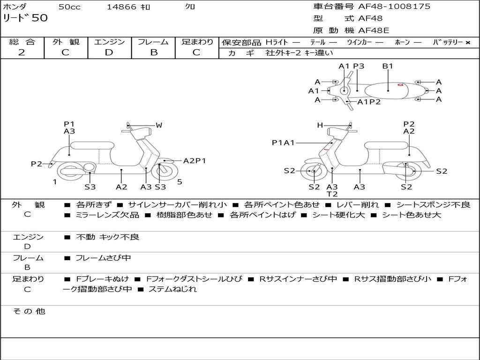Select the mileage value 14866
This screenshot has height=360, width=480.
(121, 7)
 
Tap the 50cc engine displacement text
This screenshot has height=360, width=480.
(69, 7)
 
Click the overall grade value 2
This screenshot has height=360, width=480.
(22, 52)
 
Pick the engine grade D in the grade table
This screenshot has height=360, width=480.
(109, 52)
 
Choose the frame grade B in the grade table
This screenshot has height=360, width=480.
(153, 52)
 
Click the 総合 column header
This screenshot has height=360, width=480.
(22, 42)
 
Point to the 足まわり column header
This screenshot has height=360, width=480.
(197, 42)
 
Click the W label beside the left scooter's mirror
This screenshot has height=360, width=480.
(159, 125)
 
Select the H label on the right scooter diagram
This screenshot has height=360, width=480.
(320, 125)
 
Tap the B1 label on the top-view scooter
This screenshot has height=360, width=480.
(388, 66)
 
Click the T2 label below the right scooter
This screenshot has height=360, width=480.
(332, 194)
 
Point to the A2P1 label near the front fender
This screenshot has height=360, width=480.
(195, 161)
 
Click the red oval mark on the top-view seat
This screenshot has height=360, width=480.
(400, 85)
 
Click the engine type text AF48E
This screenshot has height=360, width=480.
(374, 31)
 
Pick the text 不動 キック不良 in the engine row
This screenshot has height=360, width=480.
(108, 237)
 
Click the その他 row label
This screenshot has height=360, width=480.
(29, 311)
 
